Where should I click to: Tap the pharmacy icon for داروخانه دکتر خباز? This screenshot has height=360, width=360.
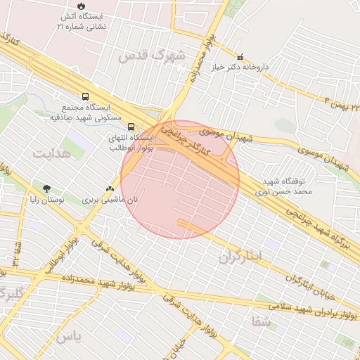[x=240, y=57]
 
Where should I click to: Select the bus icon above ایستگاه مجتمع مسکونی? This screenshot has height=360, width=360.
[x=86, y=96]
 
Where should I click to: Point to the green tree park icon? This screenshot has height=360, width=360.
[x=47, y=188]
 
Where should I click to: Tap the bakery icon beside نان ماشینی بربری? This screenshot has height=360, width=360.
[x=109, y=188]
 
